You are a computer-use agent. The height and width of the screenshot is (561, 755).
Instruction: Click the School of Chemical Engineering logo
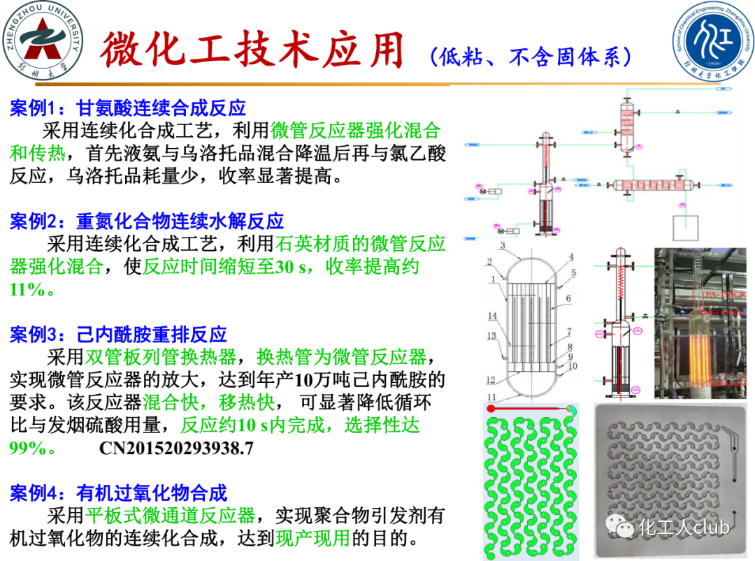[x=714, y=41]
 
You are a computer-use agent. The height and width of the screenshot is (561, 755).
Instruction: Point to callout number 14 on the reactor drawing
[x=492, y=316]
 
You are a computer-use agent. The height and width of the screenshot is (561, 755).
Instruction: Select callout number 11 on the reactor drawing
[x=492, y=398]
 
